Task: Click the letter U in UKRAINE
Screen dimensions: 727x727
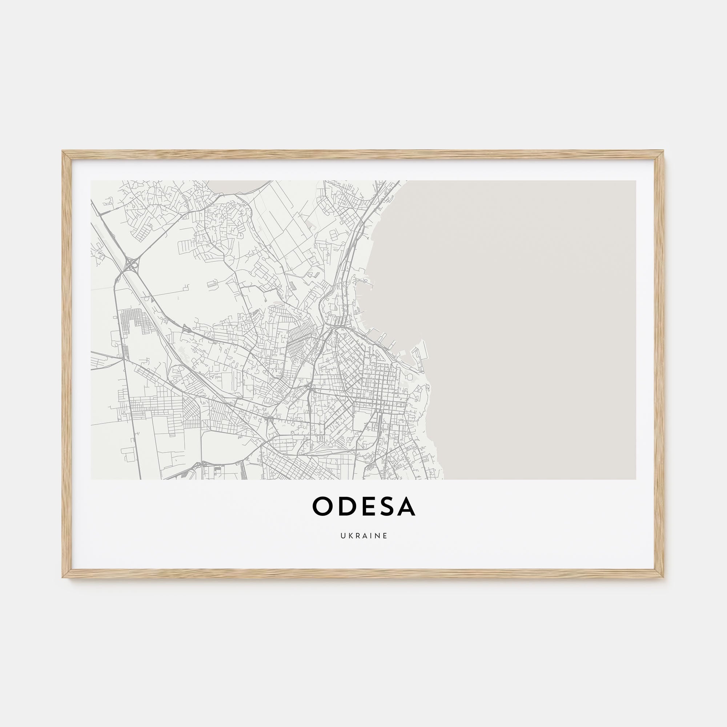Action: point(343,536)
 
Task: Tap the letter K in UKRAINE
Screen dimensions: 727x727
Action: point(350,536)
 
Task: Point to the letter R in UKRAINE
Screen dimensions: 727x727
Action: point(357,536)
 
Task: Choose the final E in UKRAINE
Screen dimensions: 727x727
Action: point(385,536)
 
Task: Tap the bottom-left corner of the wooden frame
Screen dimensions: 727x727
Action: point(63,577)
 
